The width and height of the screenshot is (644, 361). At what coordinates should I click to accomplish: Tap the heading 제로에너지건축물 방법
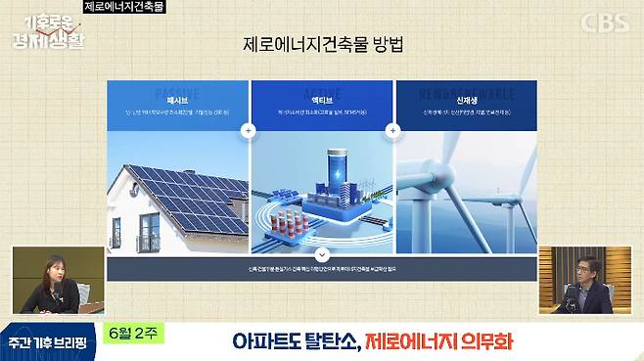[x=321, y=45]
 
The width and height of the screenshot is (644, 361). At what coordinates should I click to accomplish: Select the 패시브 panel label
[x=177, y=101]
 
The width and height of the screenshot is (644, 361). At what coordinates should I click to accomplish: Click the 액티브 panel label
[x=321, y=101]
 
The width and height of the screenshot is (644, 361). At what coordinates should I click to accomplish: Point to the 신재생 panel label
[x=466, y=101]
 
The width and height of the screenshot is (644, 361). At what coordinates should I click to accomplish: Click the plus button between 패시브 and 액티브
[x=250, y=129]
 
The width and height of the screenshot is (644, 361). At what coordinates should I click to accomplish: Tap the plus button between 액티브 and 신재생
[x=393, y=129]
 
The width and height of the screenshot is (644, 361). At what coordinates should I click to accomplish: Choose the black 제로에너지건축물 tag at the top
[x=124, y=7]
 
